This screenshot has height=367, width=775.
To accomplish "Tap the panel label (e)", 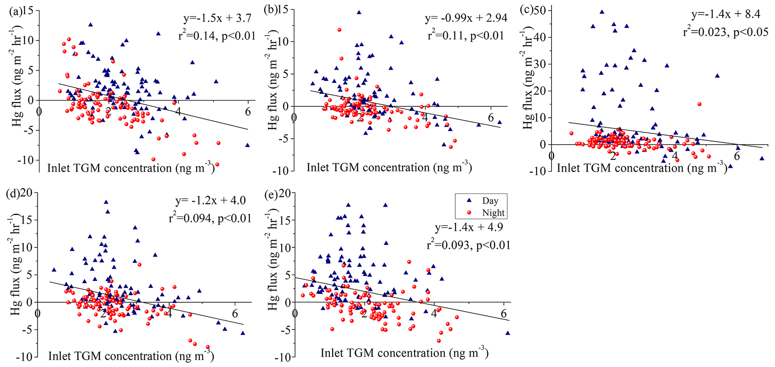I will pyautogui.click(x=271, y=194).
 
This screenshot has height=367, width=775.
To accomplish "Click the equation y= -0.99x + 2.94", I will pyautogui.click(x=466, y=18).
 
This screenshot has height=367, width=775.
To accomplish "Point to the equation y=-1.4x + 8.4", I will pyautogui.click(x=726, y=14).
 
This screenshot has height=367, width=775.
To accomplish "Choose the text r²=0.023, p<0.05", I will pyautogui.click(x=726, y=32).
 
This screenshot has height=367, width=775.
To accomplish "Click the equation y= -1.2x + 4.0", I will pyautogui.click(x=210, y=201).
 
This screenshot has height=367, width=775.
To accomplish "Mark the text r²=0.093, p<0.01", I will pyautogui.click(x=468, y=245).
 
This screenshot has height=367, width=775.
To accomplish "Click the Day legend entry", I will pyautogui.click(x=484, y=201).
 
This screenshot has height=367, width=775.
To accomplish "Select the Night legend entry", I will pyautogui.click(x=487, y=213).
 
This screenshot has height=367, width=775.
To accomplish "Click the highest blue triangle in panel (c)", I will pyautogui.click(x=602, y=12).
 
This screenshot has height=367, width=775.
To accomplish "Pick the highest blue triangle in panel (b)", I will pyautogui.click(x=359, y=12).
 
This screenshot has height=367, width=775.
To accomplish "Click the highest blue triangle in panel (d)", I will pyautogui.click(x=106, y=202).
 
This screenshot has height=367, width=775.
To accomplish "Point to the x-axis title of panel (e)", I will pyautogui.click(x=404, y=353).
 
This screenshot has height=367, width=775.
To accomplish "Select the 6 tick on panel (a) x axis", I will pyautogui.click(x=247, y=111).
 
